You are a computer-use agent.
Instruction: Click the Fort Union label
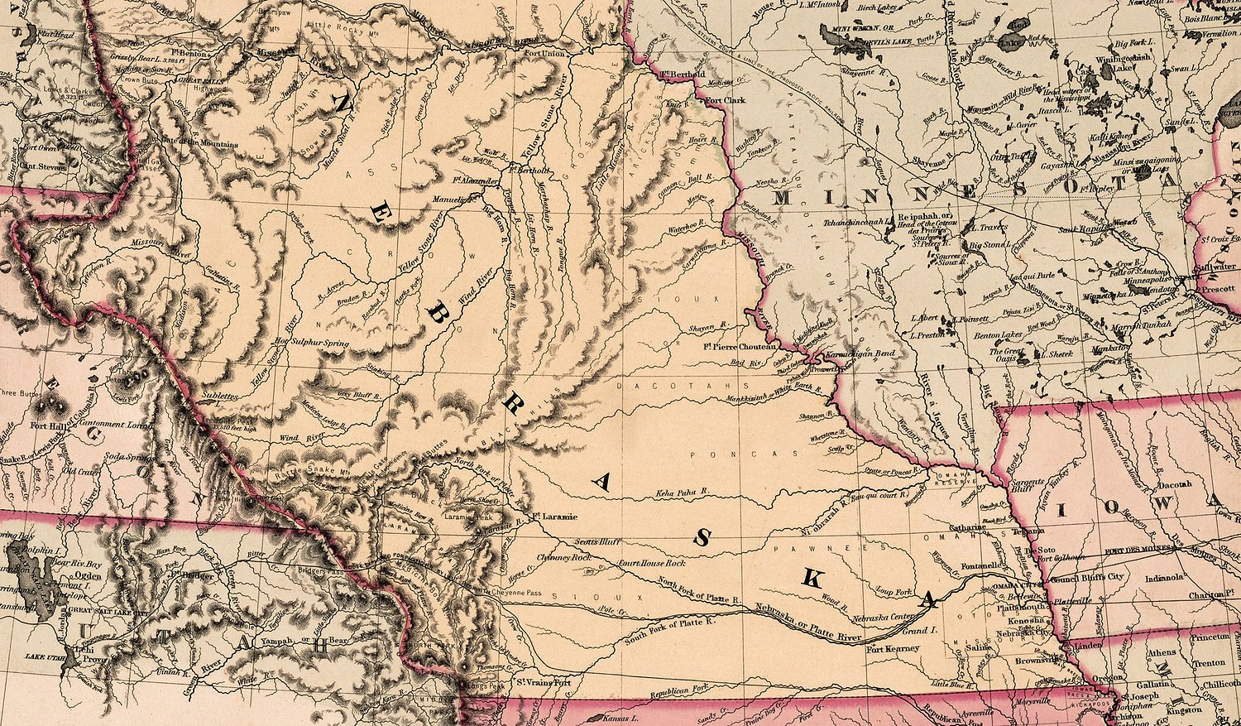coord(544,54)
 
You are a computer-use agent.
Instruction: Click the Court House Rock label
coord(653,563)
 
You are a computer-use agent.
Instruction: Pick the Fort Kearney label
coord(892,649)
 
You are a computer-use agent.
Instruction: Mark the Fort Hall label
coord(46,426)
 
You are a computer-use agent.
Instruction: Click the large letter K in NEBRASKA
coord(812,579)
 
